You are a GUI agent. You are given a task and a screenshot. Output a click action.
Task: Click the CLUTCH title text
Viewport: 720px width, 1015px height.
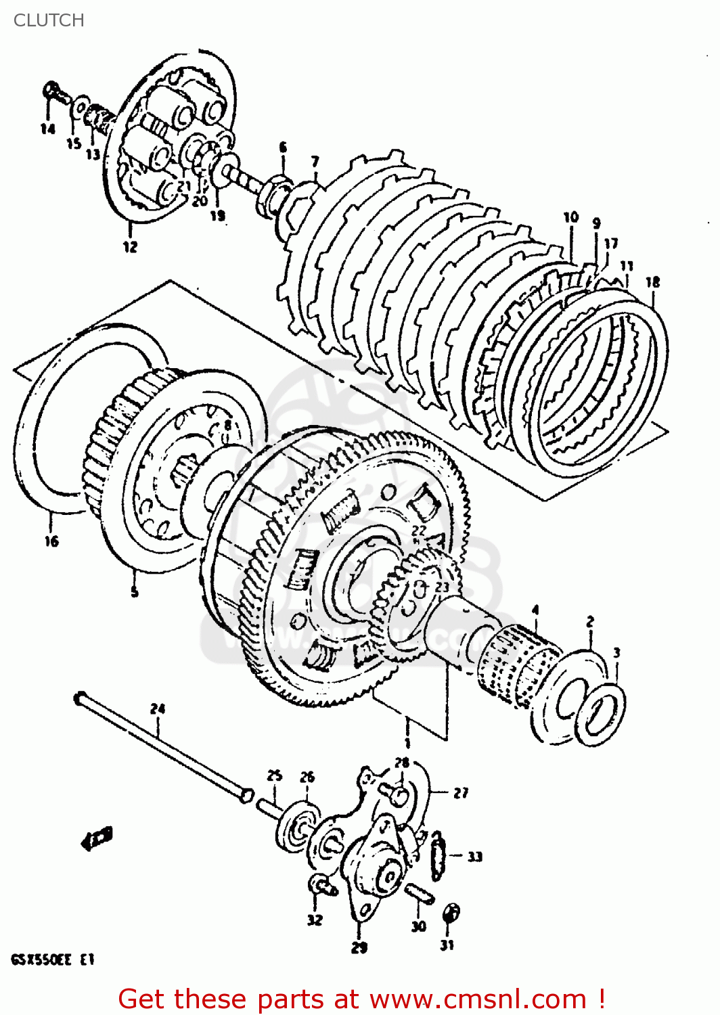click(x=49, y=20)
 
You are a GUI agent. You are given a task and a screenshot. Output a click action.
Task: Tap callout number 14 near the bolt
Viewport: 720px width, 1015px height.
click(x=47, y=129)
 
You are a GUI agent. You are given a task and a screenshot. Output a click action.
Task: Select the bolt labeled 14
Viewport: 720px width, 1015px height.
click(x=55, y=93)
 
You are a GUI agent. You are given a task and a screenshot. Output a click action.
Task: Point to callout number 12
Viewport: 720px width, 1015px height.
click(x=130, y=247)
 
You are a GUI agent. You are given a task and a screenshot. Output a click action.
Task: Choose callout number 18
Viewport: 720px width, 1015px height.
click(x=652, y=281)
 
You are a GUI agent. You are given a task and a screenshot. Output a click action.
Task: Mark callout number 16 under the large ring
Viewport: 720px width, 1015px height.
click(x=52, y=541)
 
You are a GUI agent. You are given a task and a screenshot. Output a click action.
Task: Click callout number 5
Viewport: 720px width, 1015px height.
click(x=135, y=591)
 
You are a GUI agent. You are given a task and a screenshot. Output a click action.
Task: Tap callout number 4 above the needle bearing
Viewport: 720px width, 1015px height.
click(x=535, y=610)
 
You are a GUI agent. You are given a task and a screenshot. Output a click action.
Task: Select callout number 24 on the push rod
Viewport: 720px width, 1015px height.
click(x=157, y=708)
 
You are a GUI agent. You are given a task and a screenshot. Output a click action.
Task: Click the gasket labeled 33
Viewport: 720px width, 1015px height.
click(x=438, y=857)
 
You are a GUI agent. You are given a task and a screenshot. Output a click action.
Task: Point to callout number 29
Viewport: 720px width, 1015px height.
click(x=359, y=947)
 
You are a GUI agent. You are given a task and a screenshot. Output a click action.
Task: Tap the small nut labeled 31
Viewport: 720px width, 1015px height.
click(x=450, y=913)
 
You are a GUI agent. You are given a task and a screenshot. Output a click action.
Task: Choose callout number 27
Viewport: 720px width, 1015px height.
click(x=461, y=792)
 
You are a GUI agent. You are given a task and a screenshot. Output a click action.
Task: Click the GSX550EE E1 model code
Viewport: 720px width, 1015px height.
click(x=52, y=960)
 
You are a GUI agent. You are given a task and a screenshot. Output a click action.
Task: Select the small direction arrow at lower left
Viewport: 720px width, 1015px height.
click(x=97, y=838)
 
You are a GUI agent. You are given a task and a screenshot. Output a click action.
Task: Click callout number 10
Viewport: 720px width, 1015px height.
click(x=571, y=217)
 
